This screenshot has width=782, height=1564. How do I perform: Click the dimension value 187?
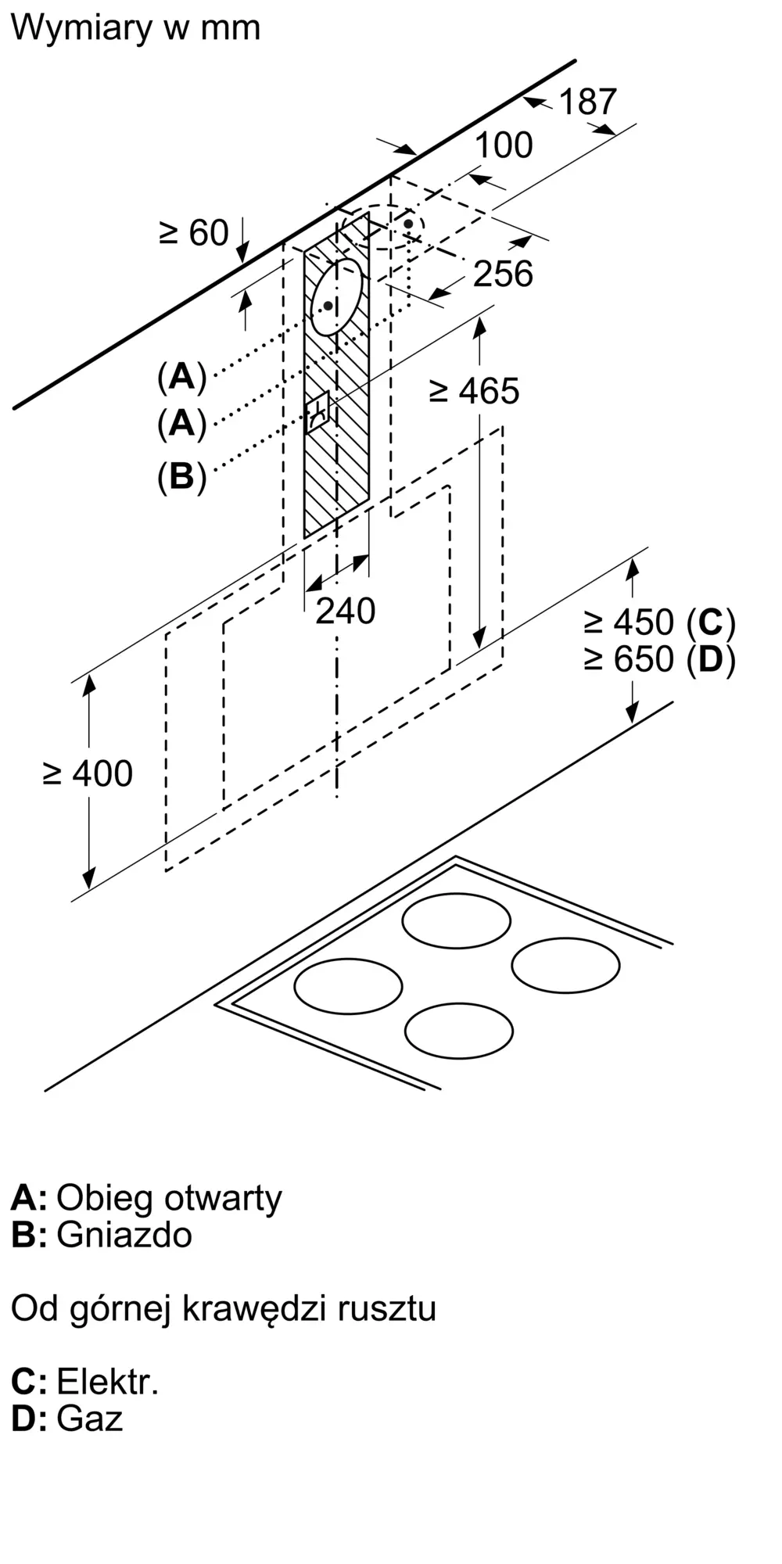[587, 102]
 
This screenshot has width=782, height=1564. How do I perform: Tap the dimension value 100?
[504, 145]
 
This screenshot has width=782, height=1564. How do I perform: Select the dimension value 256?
[504, 274]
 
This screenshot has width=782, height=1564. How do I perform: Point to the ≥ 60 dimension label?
[193, 233]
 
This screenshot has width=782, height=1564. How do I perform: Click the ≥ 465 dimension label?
[475, 391]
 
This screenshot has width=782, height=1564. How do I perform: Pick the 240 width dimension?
[345, 611]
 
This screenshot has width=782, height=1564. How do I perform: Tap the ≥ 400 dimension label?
[88, 774]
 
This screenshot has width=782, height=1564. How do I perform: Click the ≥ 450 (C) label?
[660, 622]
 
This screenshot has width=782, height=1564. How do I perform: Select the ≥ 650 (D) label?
[660, 659]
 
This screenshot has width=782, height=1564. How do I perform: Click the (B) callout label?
[181, 476]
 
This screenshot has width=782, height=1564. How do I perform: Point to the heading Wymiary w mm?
[135, 28]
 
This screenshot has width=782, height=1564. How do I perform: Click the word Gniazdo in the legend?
[124, 1235]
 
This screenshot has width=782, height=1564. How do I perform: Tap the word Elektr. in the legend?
[108, 1382]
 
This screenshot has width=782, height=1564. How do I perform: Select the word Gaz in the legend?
[90, 1419]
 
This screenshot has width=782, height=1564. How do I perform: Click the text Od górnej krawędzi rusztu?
[224, 1309]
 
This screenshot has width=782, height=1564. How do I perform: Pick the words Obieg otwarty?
[169, 1199]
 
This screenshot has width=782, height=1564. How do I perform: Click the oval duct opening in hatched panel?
[337, 297]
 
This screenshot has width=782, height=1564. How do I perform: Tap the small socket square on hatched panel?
[321, 411]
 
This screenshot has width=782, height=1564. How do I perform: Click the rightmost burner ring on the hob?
[566, 966]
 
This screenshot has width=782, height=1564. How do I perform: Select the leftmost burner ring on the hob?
[349, 986]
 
